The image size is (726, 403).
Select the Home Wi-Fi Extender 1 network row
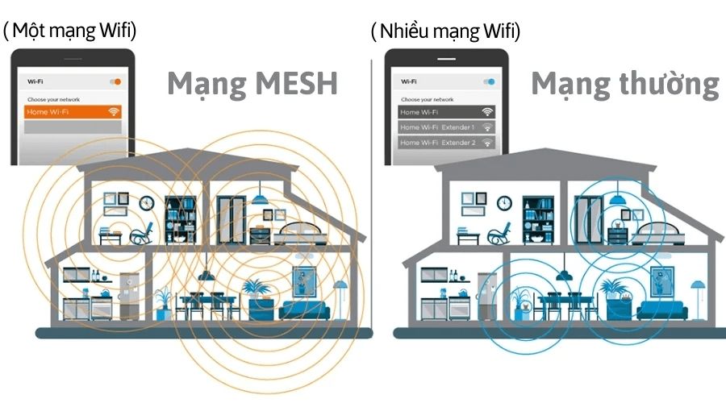(x=446, y=127)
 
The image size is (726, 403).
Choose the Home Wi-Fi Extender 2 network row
(x=446, y=143)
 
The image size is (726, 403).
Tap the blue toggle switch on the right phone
(x=489, y=81)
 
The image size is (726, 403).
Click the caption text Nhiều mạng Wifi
(x=445, y=31)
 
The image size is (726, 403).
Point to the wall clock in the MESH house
(x=147, y=203)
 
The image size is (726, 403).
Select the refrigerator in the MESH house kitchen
(x=130, y=295)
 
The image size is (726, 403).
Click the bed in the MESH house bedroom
(x=304, y=233)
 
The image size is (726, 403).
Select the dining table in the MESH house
(x=208, y=300)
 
